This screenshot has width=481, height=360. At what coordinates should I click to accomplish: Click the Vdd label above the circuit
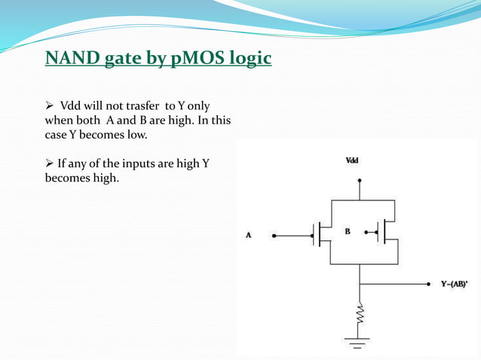pyautogui.click(x=352, y=160)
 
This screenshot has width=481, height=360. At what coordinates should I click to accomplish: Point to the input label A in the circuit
pyautogui.click(x=249, y=236)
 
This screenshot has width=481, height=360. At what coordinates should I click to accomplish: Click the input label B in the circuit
pyautogui.click(x=348, y=231)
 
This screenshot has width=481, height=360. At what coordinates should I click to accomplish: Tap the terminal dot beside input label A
pyautogui.click(x=274, y=236)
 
